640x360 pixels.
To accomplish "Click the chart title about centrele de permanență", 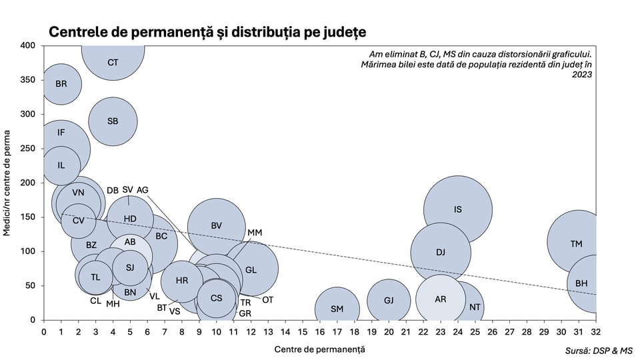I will point(207,31).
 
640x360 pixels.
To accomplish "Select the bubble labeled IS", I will point(458,209).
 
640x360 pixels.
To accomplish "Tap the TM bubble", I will point(577,244).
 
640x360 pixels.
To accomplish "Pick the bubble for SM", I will point(337,309).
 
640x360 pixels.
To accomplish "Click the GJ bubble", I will point(389,301).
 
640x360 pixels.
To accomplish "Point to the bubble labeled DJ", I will point(441,252).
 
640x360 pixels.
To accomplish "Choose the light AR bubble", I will point(440,299).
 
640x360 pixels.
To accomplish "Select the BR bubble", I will point(61,84).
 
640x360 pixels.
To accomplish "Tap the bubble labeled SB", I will point(113,121).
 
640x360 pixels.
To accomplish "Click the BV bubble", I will point(216,226).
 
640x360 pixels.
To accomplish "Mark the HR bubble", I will point(182,281).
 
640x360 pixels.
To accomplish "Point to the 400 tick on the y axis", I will point(27,45).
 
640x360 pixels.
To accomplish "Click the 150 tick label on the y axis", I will point(27,217).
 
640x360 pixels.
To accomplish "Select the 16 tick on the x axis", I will point(320,331).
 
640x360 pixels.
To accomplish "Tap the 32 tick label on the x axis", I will point(595,331).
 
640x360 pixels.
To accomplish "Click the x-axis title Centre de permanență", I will point(319,349).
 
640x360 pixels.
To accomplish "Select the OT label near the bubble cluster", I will point(267,300).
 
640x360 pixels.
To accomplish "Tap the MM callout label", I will point(255,233).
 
